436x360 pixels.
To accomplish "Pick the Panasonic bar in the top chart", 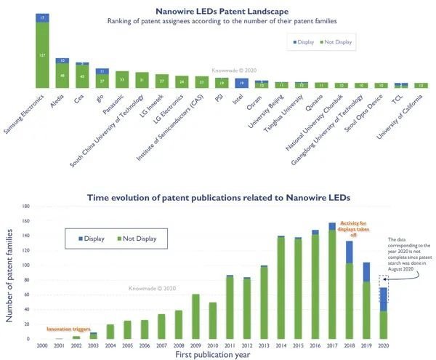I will coord(123,80).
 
